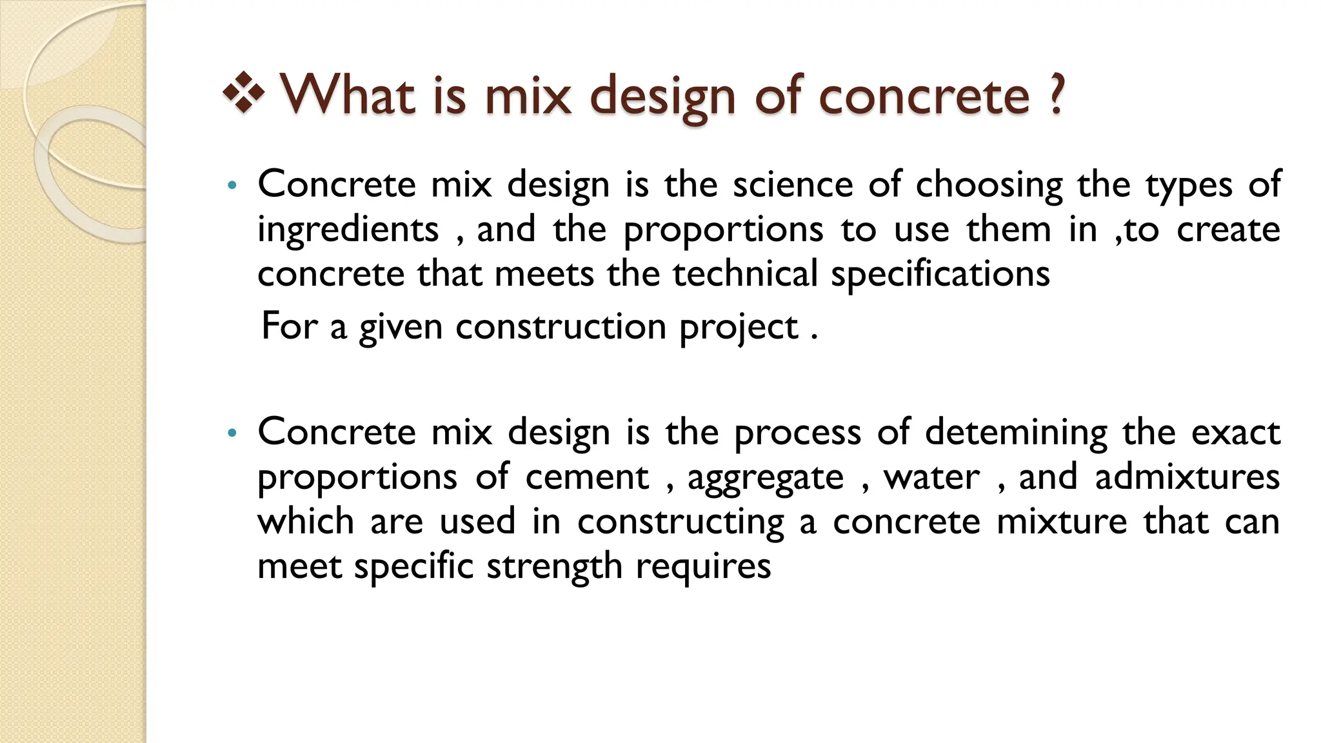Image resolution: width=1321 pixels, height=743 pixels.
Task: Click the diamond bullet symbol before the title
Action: [x=243, y=94]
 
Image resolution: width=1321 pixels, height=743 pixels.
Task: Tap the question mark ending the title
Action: [x=1055, y=95]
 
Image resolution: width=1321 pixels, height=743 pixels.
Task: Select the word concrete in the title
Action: [x=924, y=97]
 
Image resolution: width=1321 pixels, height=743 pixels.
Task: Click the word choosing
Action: [x=989, y=186]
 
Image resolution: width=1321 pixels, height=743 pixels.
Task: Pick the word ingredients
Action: [x=348, y=230]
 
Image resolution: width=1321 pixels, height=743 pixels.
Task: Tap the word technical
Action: [x=745, y=274]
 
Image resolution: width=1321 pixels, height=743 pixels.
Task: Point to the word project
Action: [x=739, y=328]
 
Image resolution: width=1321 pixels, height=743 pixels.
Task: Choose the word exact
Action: [x=1235, y=432]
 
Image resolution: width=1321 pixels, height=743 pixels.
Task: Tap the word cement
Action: [x=587, y=477]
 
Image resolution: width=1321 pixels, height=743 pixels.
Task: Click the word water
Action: [x=931, y=477]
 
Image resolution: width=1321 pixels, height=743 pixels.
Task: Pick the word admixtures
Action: [x=1187, y=477]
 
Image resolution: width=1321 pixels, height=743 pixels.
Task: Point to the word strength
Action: [x=554, y=567]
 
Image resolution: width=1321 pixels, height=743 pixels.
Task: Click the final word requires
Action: [x=703, y=567]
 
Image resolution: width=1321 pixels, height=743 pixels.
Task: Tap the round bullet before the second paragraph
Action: [x=233, y=433]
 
